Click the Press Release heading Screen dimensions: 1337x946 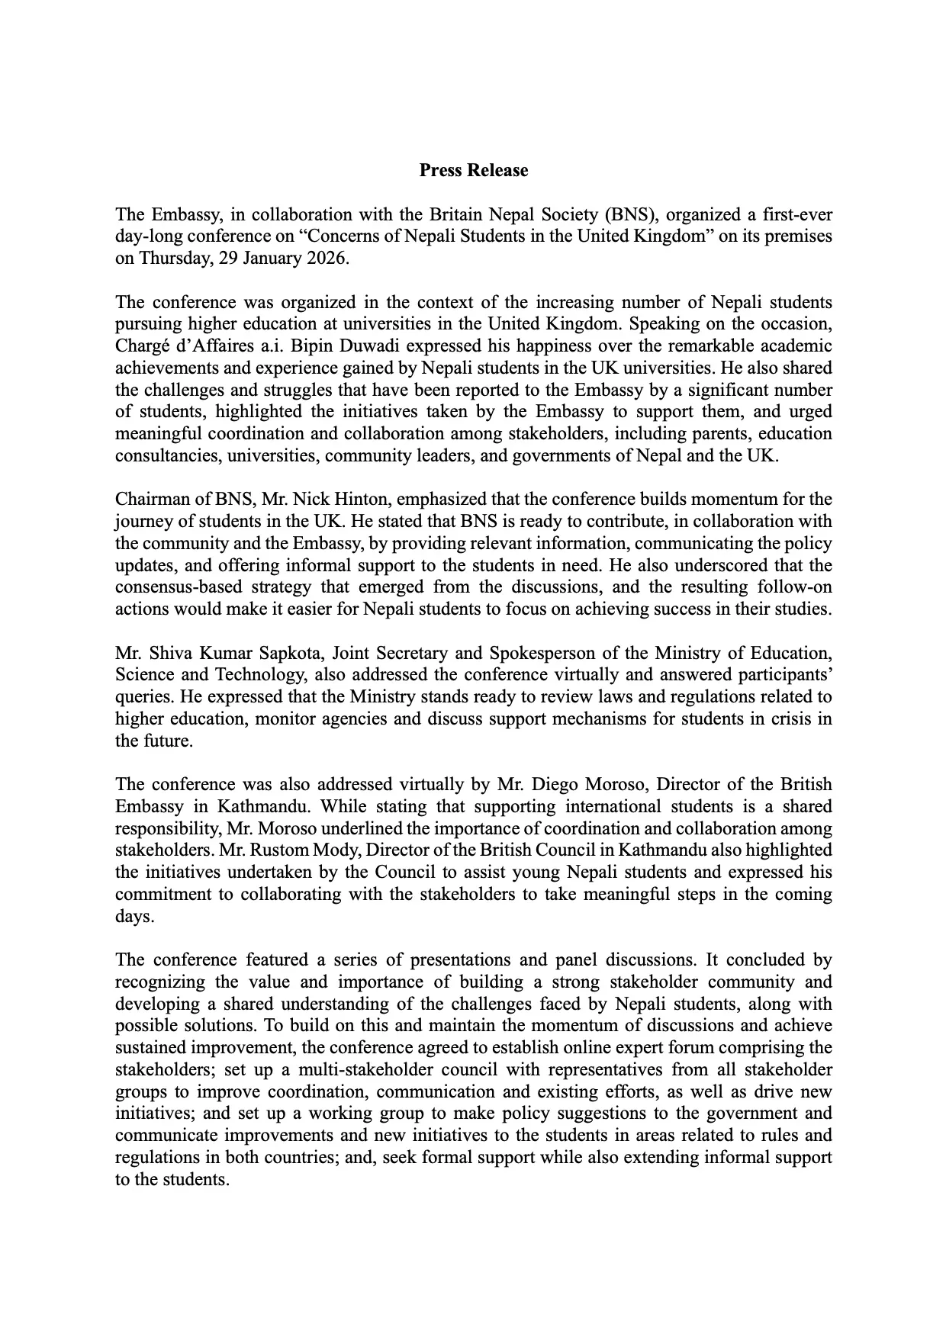(x=473, y=170)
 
